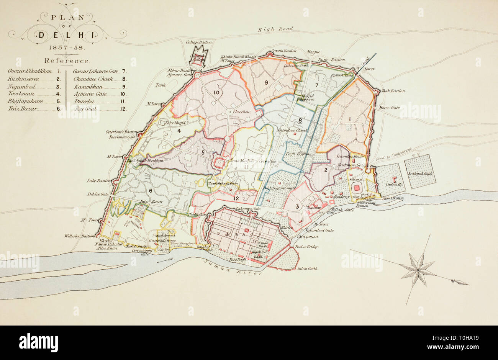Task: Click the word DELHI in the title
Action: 66,35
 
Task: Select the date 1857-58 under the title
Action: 67,48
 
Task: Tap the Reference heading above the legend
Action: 67,61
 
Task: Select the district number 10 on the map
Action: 216,92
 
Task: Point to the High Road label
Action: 275,29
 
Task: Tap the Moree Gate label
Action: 389,108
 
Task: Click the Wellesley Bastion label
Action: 80,236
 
